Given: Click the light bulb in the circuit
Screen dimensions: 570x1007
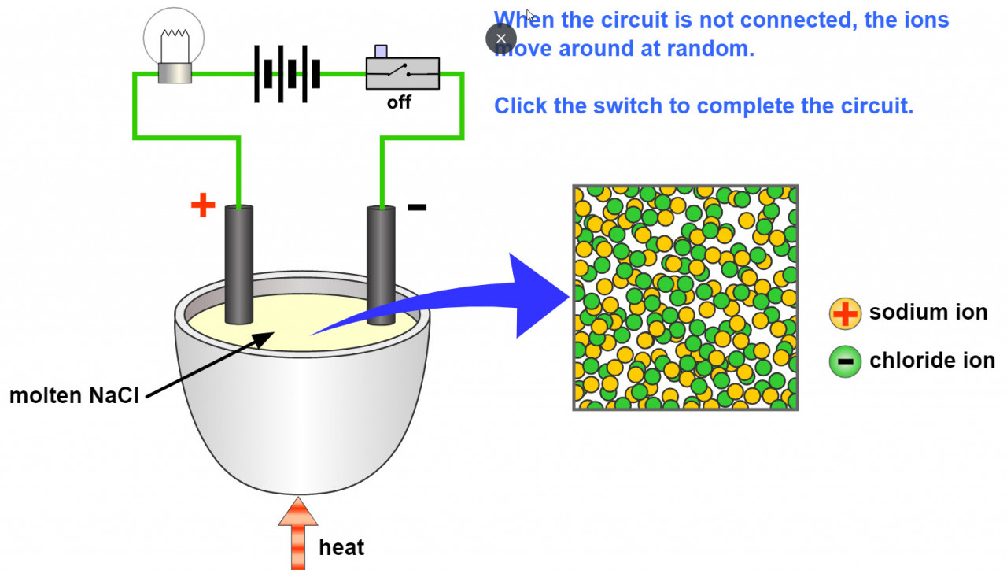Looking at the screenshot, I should [174, 43].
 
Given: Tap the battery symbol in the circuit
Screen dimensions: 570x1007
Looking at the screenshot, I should [288, 74].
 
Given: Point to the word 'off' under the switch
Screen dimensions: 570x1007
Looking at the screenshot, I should [399, 102].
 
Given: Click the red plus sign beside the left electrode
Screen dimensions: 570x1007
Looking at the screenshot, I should [203, 205].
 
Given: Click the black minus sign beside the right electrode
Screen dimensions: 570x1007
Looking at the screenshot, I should [417, 207].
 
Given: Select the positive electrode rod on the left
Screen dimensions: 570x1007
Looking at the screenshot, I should [239, 264].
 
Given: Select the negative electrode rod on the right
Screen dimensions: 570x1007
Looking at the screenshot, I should [382, 264].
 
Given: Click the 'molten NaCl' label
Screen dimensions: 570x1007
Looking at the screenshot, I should [74, 395].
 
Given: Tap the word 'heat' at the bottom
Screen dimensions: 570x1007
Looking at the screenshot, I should [341, 546].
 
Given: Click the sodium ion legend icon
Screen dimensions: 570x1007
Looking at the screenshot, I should [845, 313].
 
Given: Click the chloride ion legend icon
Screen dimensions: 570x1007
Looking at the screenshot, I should [845, 361].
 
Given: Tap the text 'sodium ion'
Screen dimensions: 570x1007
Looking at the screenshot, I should [928, 313].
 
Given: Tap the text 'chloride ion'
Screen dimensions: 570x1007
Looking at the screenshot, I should [932, 361].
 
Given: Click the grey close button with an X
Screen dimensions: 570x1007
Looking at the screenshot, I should [501, 38].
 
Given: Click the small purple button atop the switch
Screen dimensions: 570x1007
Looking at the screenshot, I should [381, 51].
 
